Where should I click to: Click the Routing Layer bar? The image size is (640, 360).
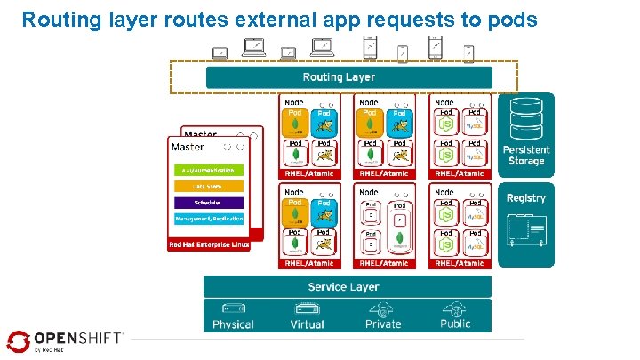[339, 77]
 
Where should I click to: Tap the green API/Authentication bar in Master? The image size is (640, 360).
[207, 170]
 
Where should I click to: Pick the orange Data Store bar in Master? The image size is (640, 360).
[207, 186]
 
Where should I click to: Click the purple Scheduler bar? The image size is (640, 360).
[207, 202]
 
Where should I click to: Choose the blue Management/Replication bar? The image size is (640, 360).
[207, 217]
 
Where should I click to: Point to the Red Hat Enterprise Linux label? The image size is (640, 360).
[209, 244]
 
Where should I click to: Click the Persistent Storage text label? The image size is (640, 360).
[526, 156]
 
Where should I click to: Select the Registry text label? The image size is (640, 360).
[526, 197]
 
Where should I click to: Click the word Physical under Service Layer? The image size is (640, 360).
[233, 324]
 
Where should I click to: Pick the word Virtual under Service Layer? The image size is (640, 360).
[308, 324]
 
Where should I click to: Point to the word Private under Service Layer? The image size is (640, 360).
[383, 324]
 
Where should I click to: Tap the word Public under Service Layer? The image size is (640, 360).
[455, 324]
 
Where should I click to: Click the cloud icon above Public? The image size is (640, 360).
[455, 308]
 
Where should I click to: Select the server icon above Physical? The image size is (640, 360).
[233, 308]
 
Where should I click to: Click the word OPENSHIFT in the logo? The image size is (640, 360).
[78, 338]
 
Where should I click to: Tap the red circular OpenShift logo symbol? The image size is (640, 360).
[18, 340]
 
